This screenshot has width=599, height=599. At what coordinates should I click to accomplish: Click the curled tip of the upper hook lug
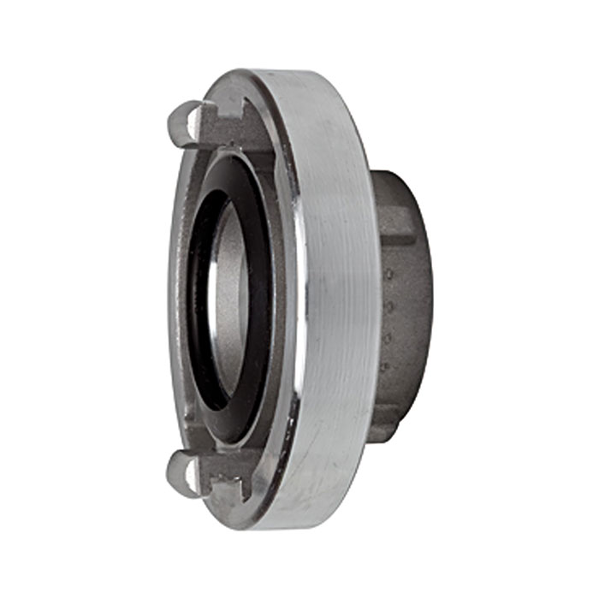173,116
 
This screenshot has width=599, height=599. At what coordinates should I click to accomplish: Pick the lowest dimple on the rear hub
384,367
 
